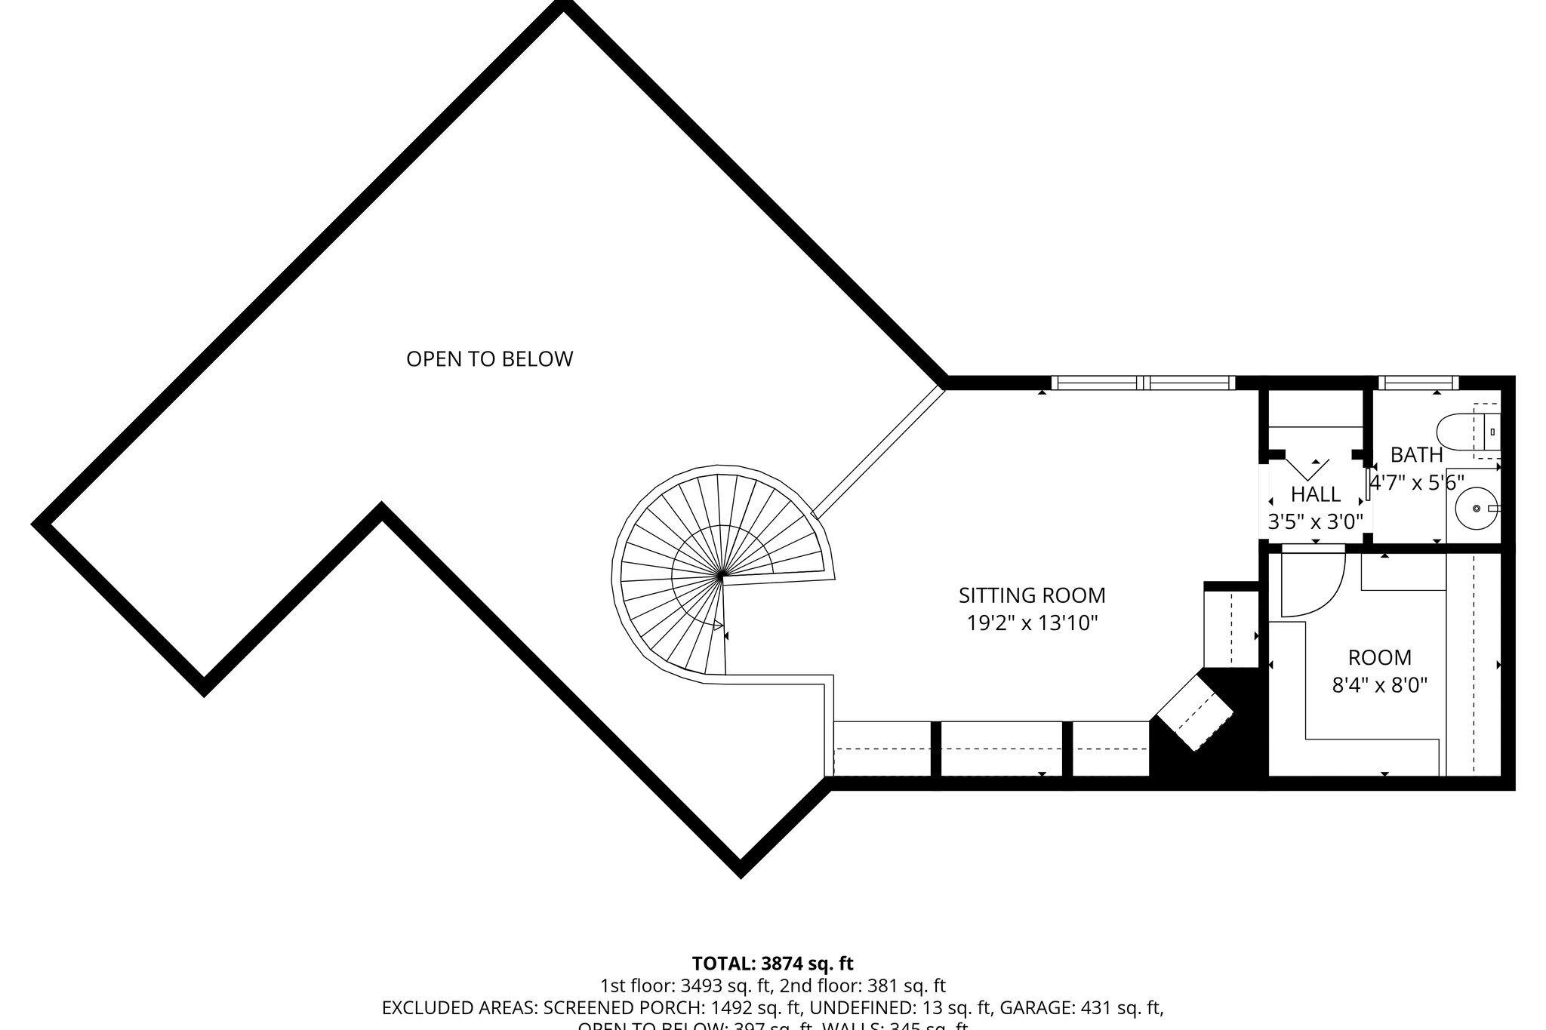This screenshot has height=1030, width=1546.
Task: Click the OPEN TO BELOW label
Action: pyautogui.click(x=489, y=359)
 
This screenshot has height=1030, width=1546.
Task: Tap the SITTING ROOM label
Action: pyautogui.click(x=1031, y=595)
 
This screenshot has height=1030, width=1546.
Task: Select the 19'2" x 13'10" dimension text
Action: pyautogui.click(x=1031, y=623)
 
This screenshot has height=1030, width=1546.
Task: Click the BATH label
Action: pyautogui.click(x=1416, y=455)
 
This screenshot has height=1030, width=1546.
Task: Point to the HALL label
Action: pyautogui.click(x=1316, y=494)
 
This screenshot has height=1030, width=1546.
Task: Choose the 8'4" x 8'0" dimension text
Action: pyautogui.click(x=1379, y=685)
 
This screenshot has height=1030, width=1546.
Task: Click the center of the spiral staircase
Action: pyautogui.click(x=722, y=577)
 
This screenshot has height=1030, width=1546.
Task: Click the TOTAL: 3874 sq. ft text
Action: pyautogui.click(x=772, y=964)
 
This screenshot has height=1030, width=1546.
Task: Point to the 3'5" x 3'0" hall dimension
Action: pyautogui.click(x=1315, y=521)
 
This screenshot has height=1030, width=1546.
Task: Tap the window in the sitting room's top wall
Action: pyautogui.click(x=1143, y=383)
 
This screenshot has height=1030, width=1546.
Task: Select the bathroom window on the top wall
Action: pyautogui.click(x=1415, y=383)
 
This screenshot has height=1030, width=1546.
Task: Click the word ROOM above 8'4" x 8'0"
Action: pyautogui.click(x=1379, y=657)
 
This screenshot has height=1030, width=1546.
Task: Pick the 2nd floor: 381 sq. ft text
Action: pyautogui.click(x=863, y=985)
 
